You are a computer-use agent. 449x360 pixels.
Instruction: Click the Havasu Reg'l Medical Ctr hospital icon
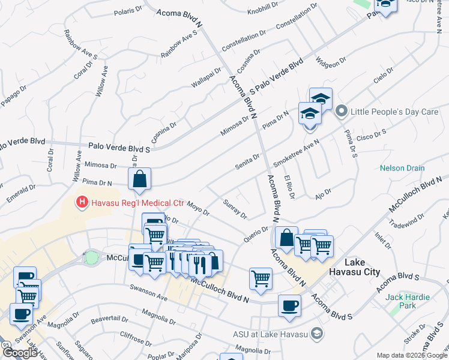pos(83,203)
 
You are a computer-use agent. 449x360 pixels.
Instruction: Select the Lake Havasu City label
pos(362,267)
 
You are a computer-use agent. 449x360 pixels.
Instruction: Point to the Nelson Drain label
pos(402,169)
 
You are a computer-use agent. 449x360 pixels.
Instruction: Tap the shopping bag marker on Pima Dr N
pos(139,179)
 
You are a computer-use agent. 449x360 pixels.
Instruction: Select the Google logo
pos(20,353)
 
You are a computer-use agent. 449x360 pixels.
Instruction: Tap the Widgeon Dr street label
pos(331,62)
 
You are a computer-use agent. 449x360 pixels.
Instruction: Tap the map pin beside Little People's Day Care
pos(342,111)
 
